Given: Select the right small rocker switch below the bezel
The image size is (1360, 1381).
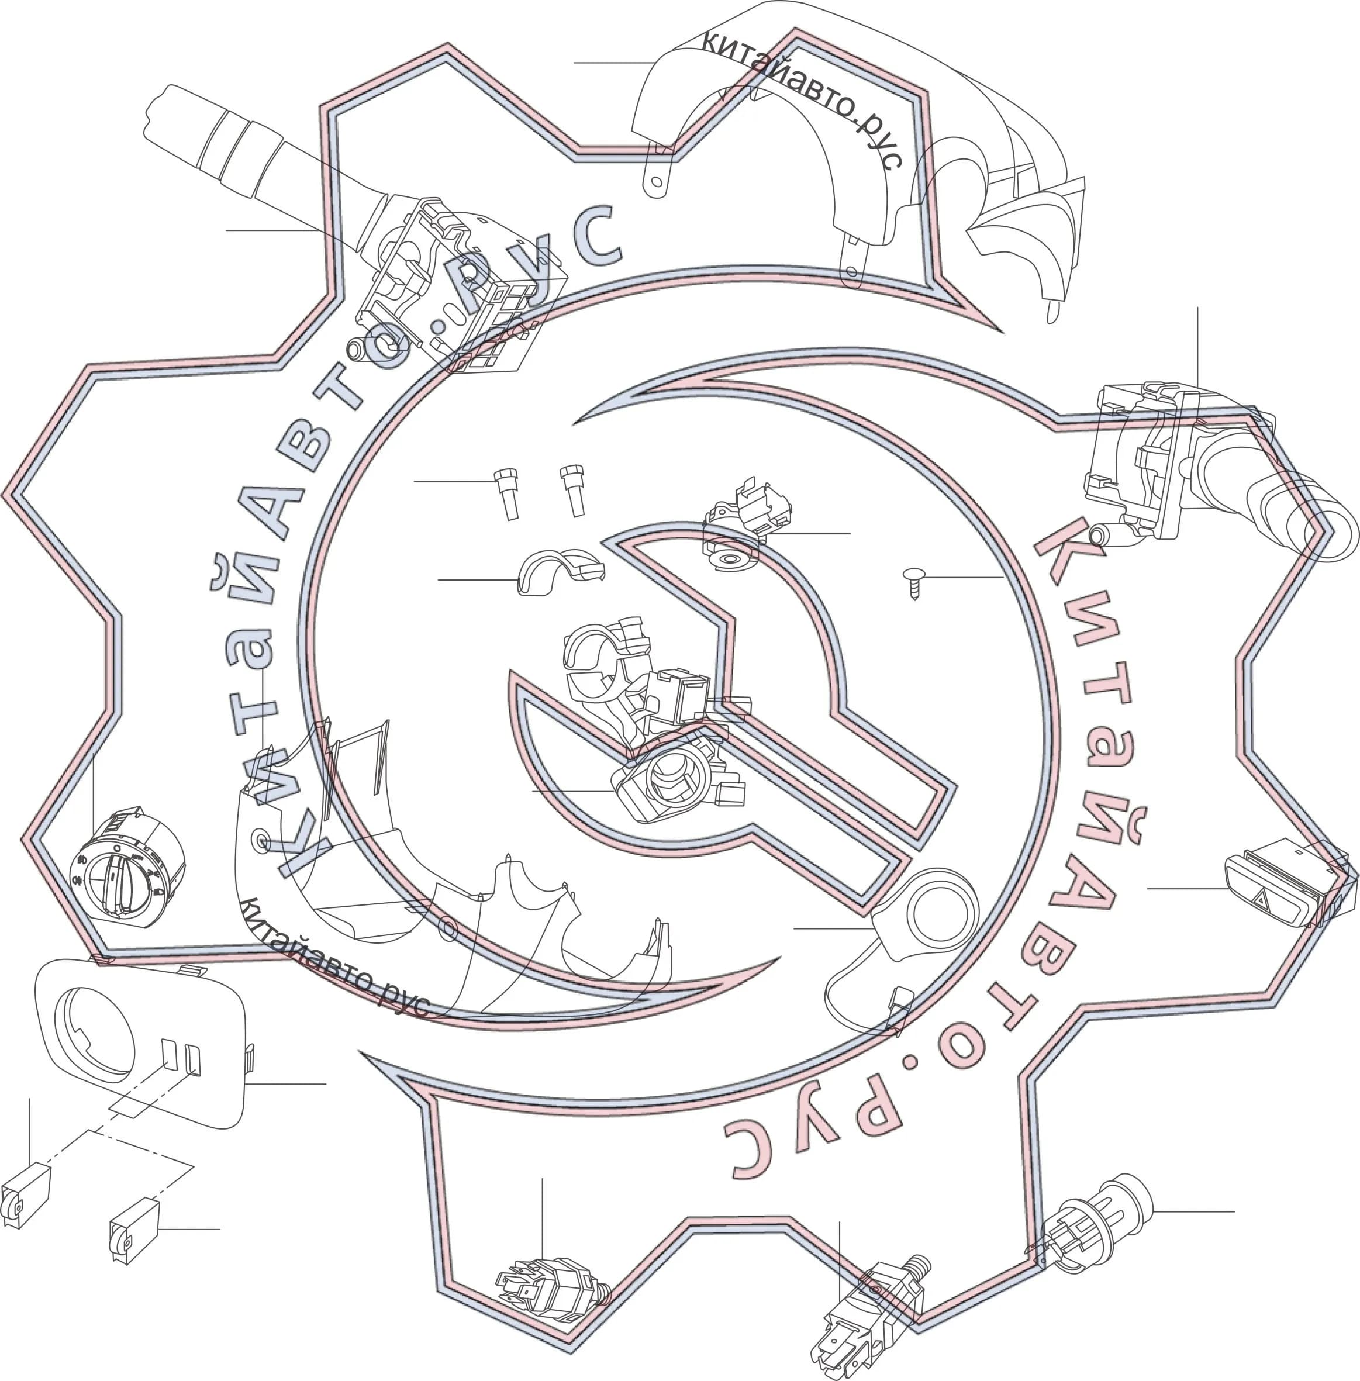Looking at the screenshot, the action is [x=134, y=1231].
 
